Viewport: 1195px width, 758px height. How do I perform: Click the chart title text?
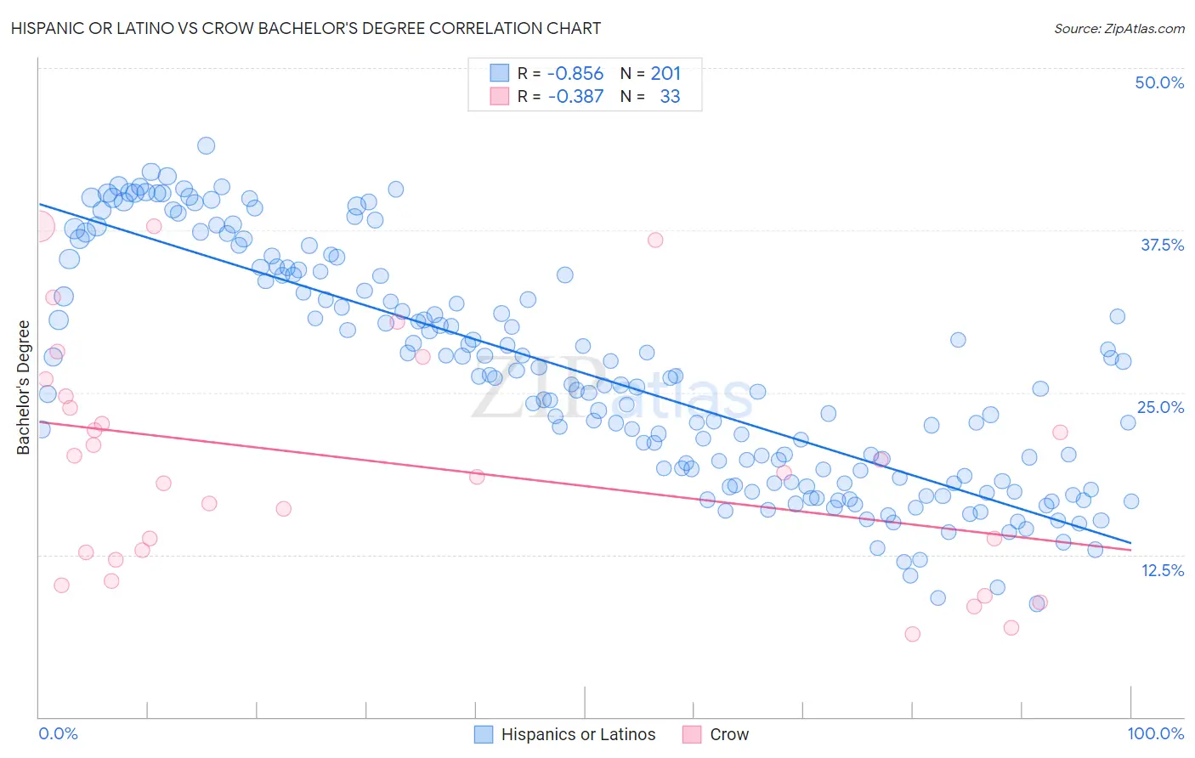tap(306, 28)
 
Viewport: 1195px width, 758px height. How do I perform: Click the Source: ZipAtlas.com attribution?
tap(1119, 28)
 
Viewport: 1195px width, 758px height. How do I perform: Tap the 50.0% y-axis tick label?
tap(1158, 82)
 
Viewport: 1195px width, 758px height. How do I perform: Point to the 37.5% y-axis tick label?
tap(1161, 245)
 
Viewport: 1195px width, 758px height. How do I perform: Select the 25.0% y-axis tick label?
tap(1159, 407)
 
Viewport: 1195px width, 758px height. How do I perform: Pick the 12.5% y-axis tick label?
tap(1162, 570)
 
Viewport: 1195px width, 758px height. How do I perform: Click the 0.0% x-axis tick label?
tap(58, 733)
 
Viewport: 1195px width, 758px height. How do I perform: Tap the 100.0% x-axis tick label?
tap(1155, 733)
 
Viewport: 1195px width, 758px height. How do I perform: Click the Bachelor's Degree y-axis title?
tap(24, 387)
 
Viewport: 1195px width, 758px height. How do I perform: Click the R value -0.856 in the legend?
tap(575, 74)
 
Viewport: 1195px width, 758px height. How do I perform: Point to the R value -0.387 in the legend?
tap(575, 97)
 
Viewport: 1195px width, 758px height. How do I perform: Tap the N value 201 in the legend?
tap(665, 74)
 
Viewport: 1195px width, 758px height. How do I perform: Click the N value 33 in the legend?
tap(670, 97)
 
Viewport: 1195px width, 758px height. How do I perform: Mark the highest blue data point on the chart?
tap(206, 145)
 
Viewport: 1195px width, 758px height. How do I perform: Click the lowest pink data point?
tap(912, 634)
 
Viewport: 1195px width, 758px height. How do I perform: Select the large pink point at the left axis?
tap(39, 227)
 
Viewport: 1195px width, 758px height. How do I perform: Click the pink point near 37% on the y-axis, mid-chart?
tap(654, 240)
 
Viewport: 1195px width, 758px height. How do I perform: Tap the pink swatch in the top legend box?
tap(499, 96)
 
